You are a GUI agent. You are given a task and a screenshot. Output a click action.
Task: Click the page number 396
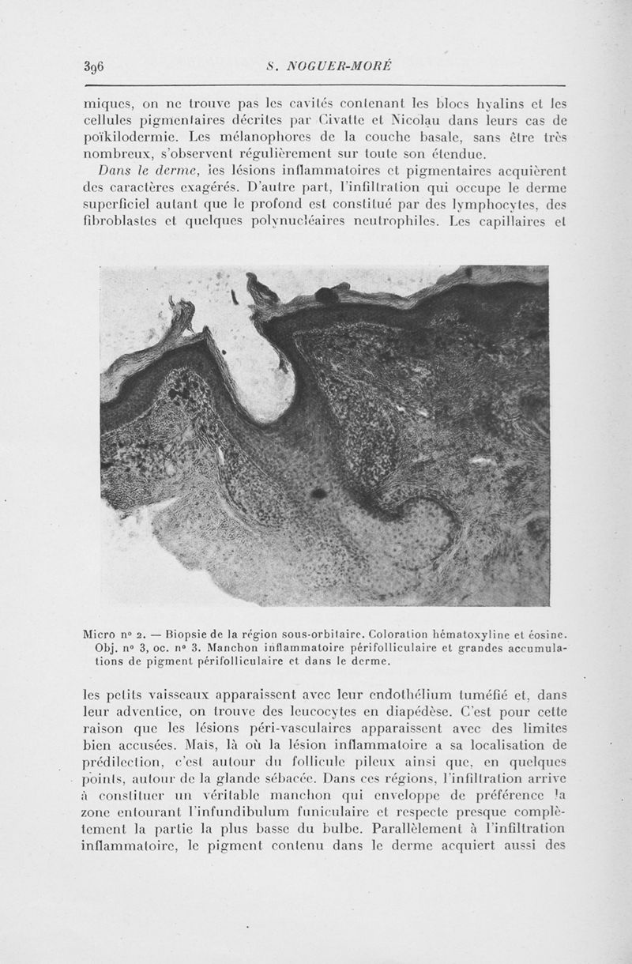click(x=95, y=66)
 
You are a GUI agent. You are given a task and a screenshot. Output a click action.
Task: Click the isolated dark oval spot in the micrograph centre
click(x=319, y=495)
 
